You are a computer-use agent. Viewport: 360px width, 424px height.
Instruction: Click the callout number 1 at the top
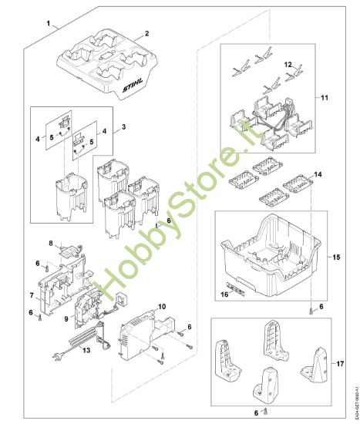point(49,25)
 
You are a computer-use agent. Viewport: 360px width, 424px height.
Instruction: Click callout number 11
point(325,99)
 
